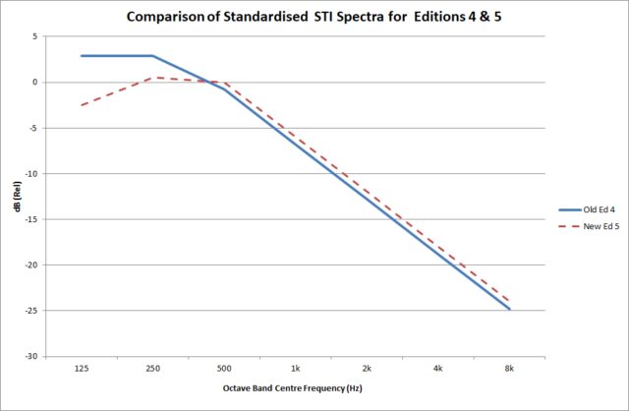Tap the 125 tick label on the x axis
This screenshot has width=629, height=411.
click(x=81, y=367)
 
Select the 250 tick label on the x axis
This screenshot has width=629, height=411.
click(x=152, y=367)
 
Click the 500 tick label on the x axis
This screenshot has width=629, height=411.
click(x=224, y=367)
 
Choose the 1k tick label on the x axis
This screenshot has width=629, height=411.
click(x=295, y=367)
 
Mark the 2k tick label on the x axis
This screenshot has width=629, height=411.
click(x=367, y=367)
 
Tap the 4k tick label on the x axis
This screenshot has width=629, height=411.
click(x=438, y=367)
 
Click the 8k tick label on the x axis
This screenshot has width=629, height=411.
click(x=509, y=367)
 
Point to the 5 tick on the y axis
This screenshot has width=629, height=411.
click(x=35, y=36)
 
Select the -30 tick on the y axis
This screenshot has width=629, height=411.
click(x=32, y=356)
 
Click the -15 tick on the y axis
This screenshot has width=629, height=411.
click(x=32, y=219)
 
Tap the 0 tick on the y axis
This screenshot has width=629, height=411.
click(x=35, y=83)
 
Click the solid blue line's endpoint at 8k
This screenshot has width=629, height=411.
click(x=509, y=309)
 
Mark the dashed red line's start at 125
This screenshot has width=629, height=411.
click(x=81, y=105)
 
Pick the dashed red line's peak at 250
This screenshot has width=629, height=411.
click(x=152, y=78)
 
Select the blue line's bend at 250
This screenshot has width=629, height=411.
click(x=152, y=56)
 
